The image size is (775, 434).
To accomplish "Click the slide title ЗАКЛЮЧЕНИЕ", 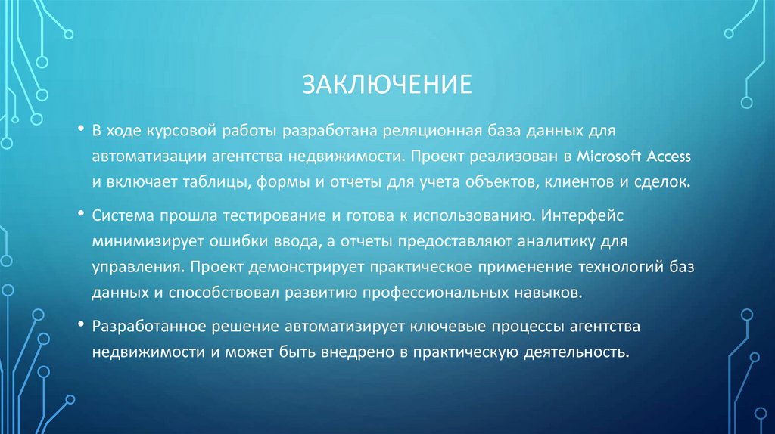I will point(387,84).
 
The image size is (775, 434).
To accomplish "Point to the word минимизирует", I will point(138,241).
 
